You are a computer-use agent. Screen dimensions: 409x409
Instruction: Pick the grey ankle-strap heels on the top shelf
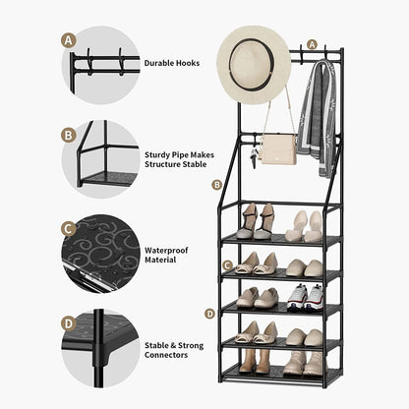(254, 221)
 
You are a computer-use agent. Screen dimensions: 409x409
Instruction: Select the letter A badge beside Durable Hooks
(68, 40)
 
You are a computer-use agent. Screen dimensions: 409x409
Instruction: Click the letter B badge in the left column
(68, 135)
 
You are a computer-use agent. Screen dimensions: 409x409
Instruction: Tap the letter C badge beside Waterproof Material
(68, 229)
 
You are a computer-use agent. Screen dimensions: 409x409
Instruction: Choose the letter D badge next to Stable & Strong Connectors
(68, 321)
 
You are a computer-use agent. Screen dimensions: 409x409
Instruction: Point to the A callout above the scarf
(313, 44)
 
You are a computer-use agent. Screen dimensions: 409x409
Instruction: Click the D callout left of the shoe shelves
(209, 314)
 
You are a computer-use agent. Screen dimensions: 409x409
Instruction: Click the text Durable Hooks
(171, 63)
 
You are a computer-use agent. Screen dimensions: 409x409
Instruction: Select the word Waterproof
(167, 250)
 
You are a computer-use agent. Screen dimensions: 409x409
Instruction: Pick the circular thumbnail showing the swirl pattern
(102, 253)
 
